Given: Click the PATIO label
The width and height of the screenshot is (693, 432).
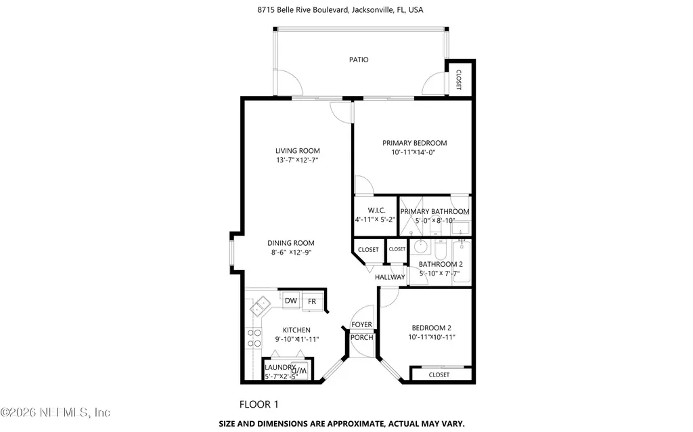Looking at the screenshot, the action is click(x=359, y=60).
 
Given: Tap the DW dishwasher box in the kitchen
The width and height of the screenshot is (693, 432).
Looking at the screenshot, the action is click(x=291, y=301).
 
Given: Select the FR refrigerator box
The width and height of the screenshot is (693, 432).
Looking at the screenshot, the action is click(x=312, y=301).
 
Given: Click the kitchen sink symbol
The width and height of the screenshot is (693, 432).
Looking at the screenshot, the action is click(x=261, y=305).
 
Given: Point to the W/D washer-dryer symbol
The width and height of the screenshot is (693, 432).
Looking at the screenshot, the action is click(x=299, y=370).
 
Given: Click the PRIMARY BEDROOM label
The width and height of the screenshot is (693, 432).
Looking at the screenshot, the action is click(x=415, y=143).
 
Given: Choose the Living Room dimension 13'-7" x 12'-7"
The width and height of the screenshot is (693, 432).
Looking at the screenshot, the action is click(x=298, y=160).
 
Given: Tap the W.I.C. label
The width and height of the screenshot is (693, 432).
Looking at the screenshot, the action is click(x=376, y=211).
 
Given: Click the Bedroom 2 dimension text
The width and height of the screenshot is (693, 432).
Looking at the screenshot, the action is click(x=432, y=337).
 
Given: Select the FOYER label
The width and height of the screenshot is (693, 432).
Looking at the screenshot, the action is click(x=361, y=324).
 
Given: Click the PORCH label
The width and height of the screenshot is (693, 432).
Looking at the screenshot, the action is click(x=361, y=337).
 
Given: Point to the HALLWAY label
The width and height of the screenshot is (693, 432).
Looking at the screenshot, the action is click(x=390, y=277).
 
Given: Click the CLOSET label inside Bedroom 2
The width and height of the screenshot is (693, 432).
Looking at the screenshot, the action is click(x=439, y=374).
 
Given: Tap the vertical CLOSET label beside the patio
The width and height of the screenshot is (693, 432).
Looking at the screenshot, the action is click(x=458, y=80).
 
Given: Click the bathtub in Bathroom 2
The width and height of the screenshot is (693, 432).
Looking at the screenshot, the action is click(x=462, y=261).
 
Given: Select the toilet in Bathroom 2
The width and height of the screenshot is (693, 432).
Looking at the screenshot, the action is click(x=441, y=250).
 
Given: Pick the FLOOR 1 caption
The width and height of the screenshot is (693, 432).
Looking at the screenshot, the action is click(x=259, y=404).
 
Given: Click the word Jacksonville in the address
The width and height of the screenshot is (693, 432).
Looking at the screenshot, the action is click(x=372, y=9).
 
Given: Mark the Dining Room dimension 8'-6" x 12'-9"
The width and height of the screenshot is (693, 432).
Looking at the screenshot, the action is click(x=291, y=253).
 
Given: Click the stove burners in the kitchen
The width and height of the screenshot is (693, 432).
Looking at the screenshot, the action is click(x=254, y=339).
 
